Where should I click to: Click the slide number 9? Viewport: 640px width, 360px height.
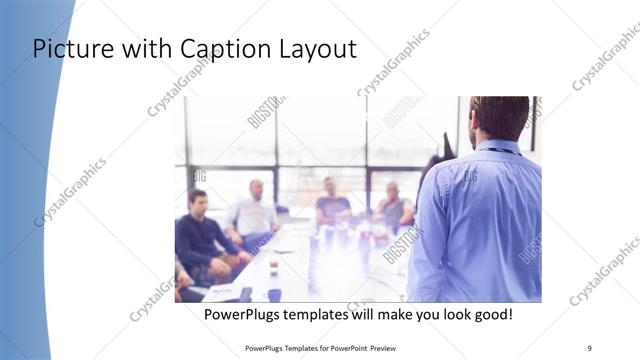(590, 348)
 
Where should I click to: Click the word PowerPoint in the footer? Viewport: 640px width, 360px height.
(346, 348)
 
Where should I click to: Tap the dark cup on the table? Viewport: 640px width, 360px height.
(273, 294)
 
